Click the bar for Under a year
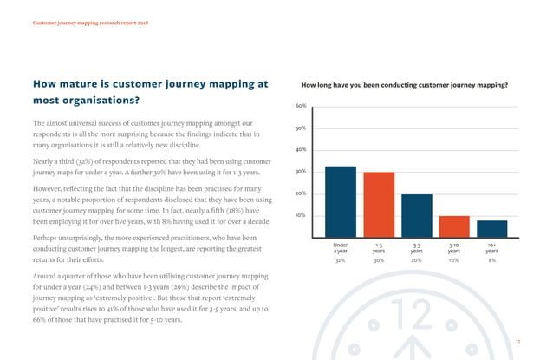341,201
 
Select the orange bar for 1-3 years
379,205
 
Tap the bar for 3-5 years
416,215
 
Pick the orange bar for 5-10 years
454,226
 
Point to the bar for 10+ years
491,228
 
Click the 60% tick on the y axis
300,107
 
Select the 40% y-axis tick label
300,150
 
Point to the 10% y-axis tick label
300,215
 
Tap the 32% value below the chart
341,259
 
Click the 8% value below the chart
492,259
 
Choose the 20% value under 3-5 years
417,259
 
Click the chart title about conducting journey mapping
403,85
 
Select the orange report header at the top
90,21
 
